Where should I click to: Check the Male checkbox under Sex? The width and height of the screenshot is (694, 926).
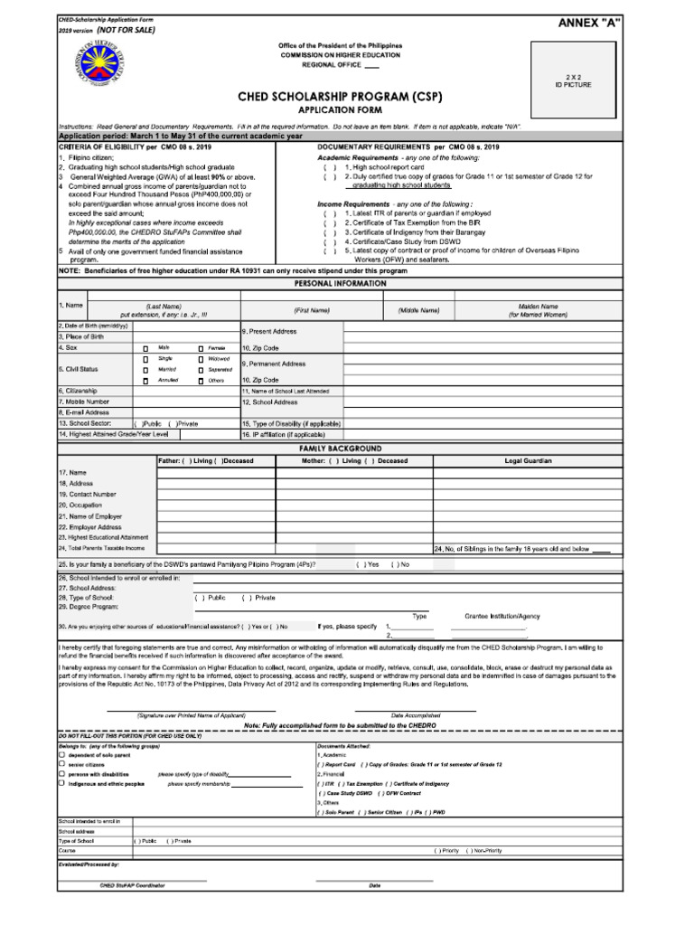[x=145, y=347]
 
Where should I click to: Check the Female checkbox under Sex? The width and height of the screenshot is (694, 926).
[x=201, y=347]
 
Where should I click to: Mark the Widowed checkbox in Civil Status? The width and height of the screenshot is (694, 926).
[x=201, y=359]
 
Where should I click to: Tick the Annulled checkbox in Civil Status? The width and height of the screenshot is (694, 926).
[x=145, y=381]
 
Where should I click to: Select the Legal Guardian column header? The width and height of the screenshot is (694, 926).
[x=529, y=461]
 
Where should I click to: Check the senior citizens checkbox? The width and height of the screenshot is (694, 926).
[x=61, y=763]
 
